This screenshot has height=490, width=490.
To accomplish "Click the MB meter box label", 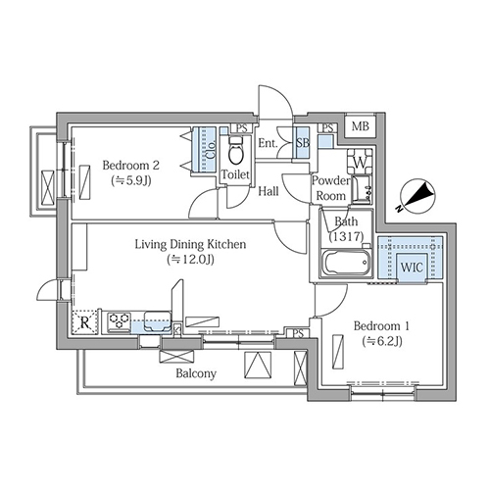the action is click(x=361, y=126).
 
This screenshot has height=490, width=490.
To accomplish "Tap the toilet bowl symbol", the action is click(x=236, y=151).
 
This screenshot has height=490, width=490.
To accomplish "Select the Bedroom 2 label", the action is click(x=131, y=166).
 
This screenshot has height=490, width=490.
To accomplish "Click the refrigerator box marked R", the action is click(x=84, y=322).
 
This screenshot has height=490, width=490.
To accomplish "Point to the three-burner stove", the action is click(x=119, y=321).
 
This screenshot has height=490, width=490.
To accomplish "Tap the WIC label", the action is click(x=412, y=268).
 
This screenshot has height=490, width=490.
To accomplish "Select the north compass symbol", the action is click(x=417, y=197).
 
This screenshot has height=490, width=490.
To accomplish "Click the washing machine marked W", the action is click(x=360, y=162).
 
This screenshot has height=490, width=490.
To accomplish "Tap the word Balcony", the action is click(x=196, y=373).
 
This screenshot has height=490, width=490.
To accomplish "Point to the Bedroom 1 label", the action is click(x=382, y=325).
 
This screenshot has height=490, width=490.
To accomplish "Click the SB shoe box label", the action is click(x=303, y=143).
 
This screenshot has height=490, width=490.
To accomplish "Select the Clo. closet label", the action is click(x=212, y=150).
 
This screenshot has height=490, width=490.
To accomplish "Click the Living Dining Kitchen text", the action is click(x=190, y=244).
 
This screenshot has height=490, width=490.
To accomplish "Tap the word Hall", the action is click(x=269, y=191).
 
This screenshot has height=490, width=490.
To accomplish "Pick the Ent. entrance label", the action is click(x=268, y=143).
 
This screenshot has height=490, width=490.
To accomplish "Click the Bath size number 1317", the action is click(x=346, y=236).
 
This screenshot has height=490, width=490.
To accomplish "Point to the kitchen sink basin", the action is click(x=158, y=320).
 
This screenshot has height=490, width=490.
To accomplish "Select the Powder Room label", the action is click(x=330, y=188).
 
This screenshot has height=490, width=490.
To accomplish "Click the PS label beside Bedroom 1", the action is click(x=298, y=333).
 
